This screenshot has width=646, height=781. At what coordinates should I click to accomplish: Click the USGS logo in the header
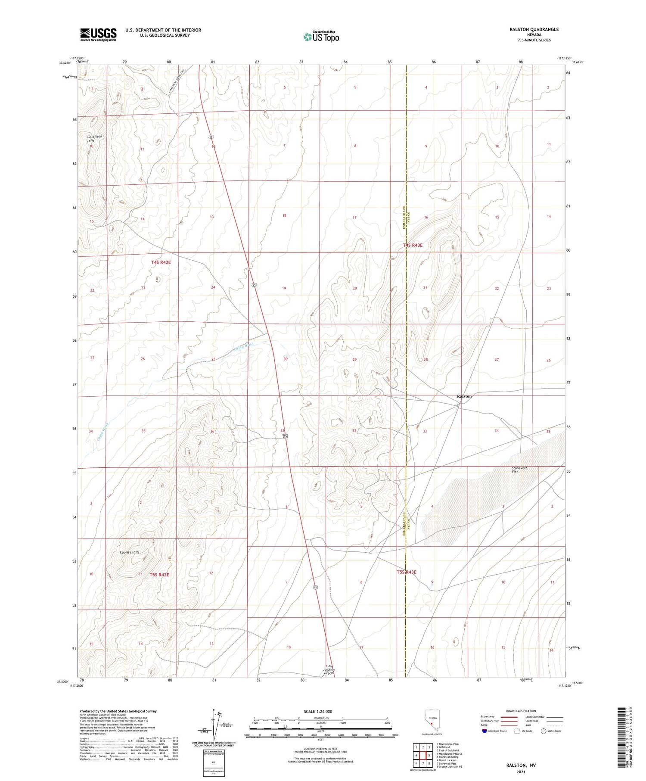click(x=98, y=34)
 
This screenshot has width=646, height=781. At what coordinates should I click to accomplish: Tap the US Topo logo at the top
click(x=321, y=37)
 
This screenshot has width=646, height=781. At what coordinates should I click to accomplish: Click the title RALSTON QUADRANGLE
click(x=534, y=29)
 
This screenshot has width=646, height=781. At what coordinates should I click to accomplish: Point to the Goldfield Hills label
click(x=94, y=139)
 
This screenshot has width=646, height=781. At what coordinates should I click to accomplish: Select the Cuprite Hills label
click(x=129, y=552)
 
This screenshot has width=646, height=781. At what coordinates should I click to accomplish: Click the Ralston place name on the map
click(x=464, y=396)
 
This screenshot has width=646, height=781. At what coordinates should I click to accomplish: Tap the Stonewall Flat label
click(x=519, y=470)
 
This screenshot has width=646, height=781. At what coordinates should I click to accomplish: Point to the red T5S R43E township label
click(x=407, y=572)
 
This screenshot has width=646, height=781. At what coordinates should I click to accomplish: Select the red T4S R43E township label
click(x=413, y=245)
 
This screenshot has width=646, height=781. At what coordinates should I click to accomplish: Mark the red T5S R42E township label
click(x=159, y=575)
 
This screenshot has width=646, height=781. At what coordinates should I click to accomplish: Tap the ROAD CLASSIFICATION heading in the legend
click(x=521, y=711)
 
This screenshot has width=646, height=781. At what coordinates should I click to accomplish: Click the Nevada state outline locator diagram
click(x=431, y=722)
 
